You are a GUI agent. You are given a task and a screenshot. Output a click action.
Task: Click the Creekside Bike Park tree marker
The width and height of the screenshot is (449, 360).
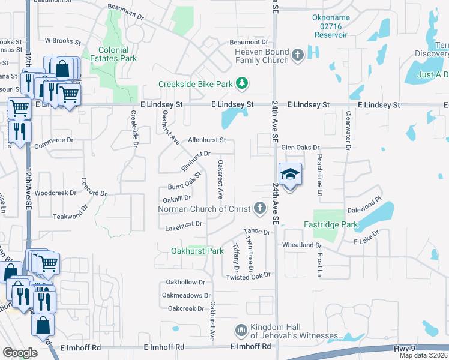(242, 83)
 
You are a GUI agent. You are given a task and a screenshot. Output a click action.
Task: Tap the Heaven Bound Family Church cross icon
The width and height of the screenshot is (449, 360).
(297, 56)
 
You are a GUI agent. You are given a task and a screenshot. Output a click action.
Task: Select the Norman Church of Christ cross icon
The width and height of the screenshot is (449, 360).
(259, 208)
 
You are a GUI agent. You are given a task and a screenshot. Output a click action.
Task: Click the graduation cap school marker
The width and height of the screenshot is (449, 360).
(290, 175)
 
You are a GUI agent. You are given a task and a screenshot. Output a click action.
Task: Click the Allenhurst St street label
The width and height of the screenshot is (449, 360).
(206, 140)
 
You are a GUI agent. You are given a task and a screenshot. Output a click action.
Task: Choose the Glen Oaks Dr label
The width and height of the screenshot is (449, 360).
(301, 147)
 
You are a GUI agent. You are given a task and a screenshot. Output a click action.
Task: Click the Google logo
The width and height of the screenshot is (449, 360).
(20, 353)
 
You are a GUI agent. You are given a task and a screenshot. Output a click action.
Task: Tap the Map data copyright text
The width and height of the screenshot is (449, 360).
(424, 355)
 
